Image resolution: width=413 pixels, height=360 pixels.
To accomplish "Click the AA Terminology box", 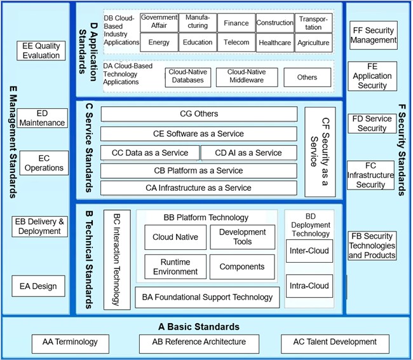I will pyautogui.click(x=71, y=342).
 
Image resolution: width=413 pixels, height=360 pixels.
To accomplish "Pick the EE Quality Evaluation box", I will pyautogui.click(x=41, y=51).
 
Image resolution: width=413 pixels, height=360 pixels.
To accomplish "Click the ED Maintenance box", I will pyautogui.click(x=42, y=118).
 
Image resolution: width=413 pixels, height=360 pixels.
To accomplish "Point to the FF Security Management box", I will pyautogui.click(x=372, y=36).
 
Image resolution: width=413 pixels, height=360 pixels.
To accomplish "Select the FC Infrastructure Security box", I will pyautogui.click(x=371, y=175).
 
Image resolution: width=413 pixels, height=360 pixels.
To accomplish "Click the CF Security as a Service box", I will pyautogui.click(x=320, y=151).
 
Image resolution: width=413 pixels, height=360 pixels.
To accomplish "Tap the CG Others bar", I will pyautogui.click(x=199, y=114).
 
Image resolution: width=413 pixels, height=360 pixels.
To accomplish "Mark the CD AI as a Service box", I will pyautogui.click(x=248, y=153).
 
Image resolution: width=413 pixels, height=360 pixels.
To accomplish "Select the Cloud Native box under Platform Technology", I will pyautogui.click(x=175, y=237).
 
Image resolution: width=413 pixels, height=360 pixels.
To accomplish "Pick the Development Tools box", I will pyautogui.click(x=242, y=237).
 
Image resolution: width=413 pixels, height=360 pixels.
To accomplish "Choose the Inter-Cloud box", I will pyautogui.click(x=309, y=251).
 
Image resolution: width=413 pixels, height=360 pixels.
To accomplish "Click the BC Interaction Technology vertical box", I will pyautogui.click(x=116, y=259).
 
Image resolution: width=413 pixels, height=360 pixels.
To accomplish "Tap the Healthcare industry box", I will pyautogui.click(x=275, y=43).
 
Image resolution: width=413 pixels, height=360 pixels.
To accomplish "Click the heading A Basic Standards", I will pyautogui.click(x=198, y=327).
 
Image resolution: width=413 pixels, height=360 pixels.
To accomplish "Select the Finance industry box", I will pyautogui.click(x=236, y=24).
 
